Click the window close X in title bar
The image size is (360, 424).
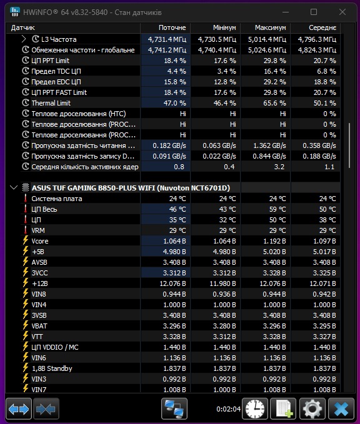(x=342, y=12)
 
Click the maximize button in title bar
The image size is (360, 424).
(x=314, y=12)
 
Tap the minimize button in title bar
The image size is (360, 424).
(x=286, y=12)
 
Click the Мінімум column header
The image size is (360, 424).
(x=224, y=28)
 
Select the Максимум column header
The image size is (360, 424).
(x=270, y=28)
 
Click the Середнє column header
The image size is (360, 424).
(x=322, y=28)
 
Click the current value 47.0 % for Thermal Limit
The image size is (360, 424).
(x=174, y=103)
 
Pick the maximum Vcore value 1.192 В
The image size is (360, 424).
(x=274, y=241)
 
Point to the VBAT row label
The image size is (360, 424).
(x=39, y=326)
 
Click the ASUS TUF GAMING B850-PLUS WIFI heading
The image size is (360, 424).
(x=131, y=188)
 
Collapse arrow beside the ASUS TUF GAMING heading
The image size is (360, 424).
(x=14, y=187)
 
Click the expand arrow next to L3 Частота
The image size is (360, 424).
(x=24, y=39)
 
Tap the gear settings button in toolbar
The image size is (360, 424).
(x=312, y=408)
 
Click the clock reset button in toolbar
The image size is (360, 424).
(x=255, y=408)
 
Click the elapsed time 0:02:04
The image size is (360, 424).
(x=229, y=409)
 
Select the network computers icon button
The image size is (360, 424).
(x=174, y=408)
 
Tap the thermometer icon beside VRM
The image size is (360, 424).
(x=26, y=230)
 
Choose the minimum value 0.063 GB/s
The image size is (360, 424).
(x=219, y=145)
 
